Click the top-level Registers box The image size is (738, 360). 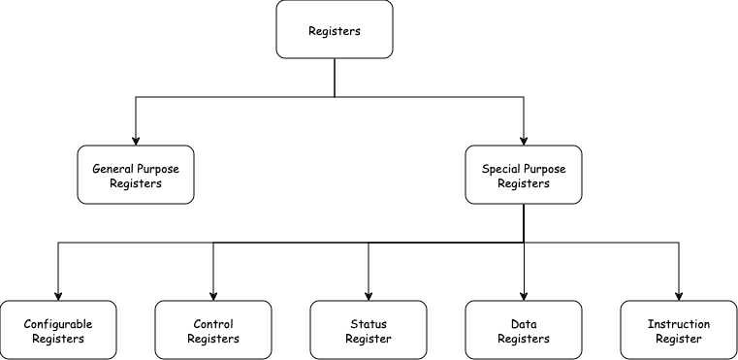tap(335, 29)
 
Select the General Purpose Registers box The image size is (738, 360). tap(136, 175)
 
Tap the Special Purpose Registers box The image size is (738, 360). tap(524, 175)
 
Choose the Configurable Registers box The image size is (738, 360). tap(58, 330)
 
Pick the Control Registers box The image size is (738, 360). tap(213, 330)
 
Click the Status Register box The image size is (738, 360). tap(369, 330)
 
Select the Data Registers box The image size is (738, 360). tap(524, 330)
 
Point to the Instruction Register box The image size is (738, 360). tap(679, 330)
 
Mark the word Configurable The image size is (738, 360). tap(58, 324)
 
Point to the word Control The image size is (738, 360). tap(213, 324)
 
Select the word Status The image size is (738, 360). tap(369, 324)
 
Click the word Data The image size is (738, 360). tap(524, 324)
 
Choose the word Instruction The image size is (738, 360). tap(679, 324)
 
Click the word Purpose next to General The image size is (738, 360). tap(158, 169)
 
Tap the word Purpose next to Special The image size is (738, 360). tap(545, 169)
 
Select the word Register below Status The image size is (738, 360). tap(369, 340)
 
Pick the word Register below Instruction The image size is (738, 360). tap(679, 340)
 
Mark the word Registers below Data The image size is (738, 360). tap(524, 340)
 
